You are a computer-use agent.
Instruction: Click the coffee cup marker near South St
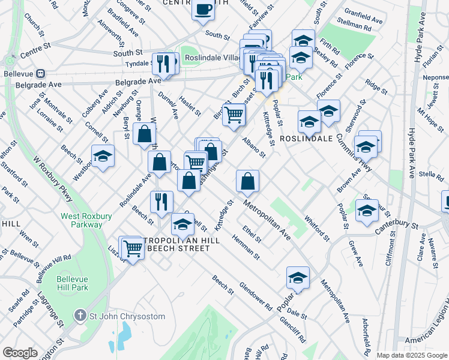tap(203, 10)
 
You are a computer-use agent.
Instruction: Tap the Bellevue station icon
tap(40, 73)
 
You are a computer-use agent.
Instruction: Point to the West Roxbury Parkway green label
tap(81, 220)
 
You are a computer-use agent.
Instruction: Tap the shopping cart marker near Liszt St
tap(133, 248)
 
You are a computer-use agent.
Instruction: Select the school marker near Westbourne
tap(103, 156)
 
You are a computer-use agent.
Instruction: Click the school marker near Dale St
tap(297, 277)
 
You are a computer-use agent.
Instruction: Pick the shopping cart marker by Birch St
tap(234, 113)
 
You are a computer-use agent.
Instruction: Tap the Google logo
tap(20, 353)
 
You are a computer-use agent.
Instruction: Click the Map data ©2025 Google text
tap(411, 355)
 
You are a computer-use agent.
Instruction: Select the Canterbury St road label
tap(397, 225)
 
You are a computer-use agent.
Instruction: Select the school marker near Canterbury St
tap(367, 210)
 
